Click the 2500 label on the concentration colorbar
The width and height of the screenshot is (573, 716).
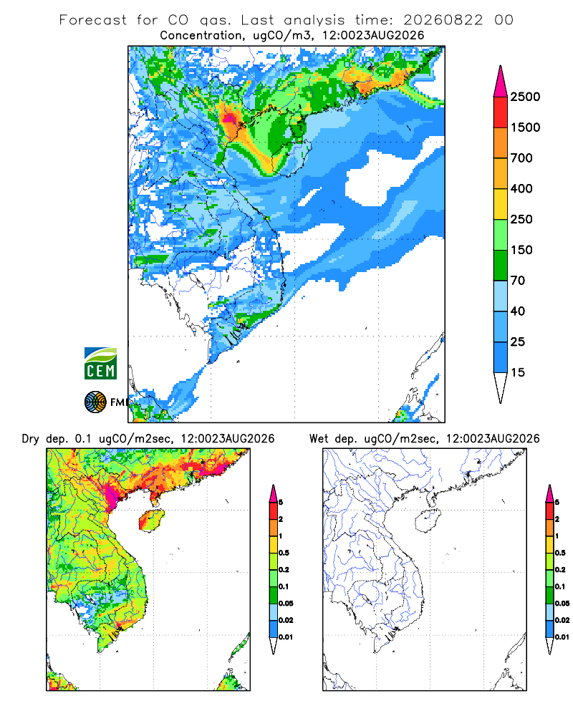[x=525, y=97]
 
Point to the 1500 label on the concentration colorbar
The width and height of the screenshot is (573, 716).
[x=525, y=127]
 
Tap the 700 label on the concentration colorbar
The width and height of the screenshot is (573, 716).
[x=521, y=158]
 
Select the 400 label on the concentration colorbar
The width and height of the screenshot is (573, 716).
[x=521, y=188]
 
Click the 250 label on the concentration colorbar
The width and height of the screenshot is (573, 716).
[x=521, y=219]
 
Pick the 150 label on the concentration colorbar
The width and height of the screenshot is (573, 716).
[x=521, y=250]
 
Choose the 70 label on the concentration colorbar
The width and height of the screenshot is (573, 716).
[x=518, y=281]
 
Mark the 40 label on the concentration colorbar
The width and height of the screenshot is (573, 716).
[x=518, y=311]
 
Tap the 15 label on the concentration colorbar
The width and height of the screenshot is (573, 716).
[x=518, y=372]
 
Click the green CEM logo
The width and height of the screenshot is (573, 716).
[x=100, y=364]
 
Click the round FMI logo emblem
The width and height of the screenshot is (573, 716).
[x=95, y=402]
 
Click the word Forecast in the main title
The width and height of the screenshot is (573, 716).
[x=93, y=20]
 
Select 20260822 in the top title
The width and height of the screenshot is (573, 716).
[x=443, y=20]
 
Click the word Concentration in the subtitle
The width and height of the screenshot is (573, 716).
[x=201, y=35]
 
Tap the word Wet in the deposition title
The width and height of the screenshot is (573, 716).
[x=319, y=439]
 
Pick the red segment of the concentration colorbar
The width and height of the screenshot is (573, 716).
[x=501, y=112]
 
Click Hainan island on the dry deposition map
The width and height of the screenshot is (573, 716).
[x=151, y=521]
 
